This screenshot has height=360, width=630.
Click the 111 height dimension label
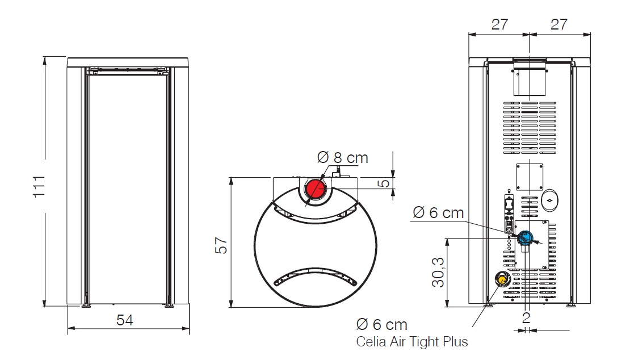point(39,186)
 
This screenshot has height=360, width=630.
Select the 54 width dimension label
point(124,320)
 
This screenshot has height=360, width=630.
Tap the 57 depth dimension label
point(221,245)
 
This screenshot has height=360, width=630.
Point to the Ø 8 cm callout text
point(342,157)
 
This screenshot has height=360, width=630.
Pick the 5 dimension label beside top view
point(384,183)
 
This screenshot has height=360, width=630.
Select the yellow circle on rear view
point(502,278)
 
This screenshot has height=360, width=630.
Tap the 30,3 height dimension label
point(438,273)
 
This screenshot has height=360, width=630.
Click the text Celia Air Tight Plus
point(412,341)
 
